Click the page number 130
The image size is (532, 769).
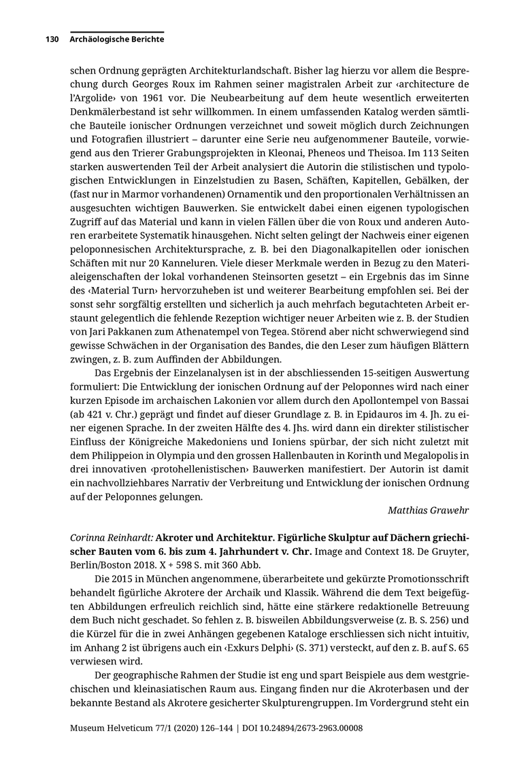tap(53, 39)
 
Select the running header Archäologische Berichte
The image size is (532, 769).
tap(116, 39)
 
